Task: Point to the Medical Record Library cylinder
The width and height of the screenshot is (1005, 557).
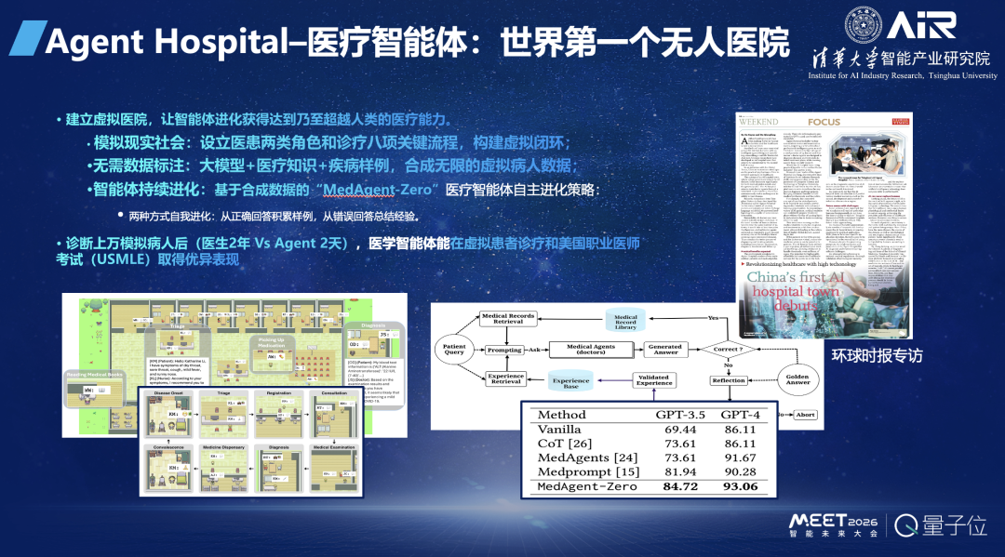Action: (x=625, y=321)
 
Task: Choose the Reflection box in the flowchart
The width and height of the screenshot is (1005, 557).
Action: (x=728, y=380)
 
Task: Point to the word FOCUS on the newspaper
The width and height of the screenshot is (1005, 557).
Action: (x=824, y=122)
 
